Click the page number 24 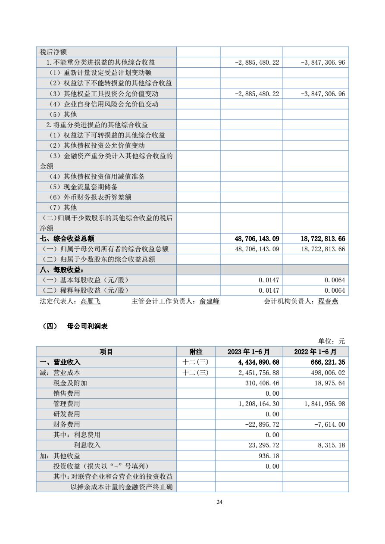219,502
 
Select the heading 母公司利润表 88,326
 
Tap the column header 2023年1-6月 249,352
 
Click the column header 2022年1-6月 316,352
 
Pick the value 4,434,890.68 256,362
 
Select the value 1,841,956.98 321,404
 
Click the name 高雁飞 91,302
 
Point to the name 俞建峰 210,302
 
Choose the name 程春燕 328,302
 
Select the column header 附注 196,352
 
